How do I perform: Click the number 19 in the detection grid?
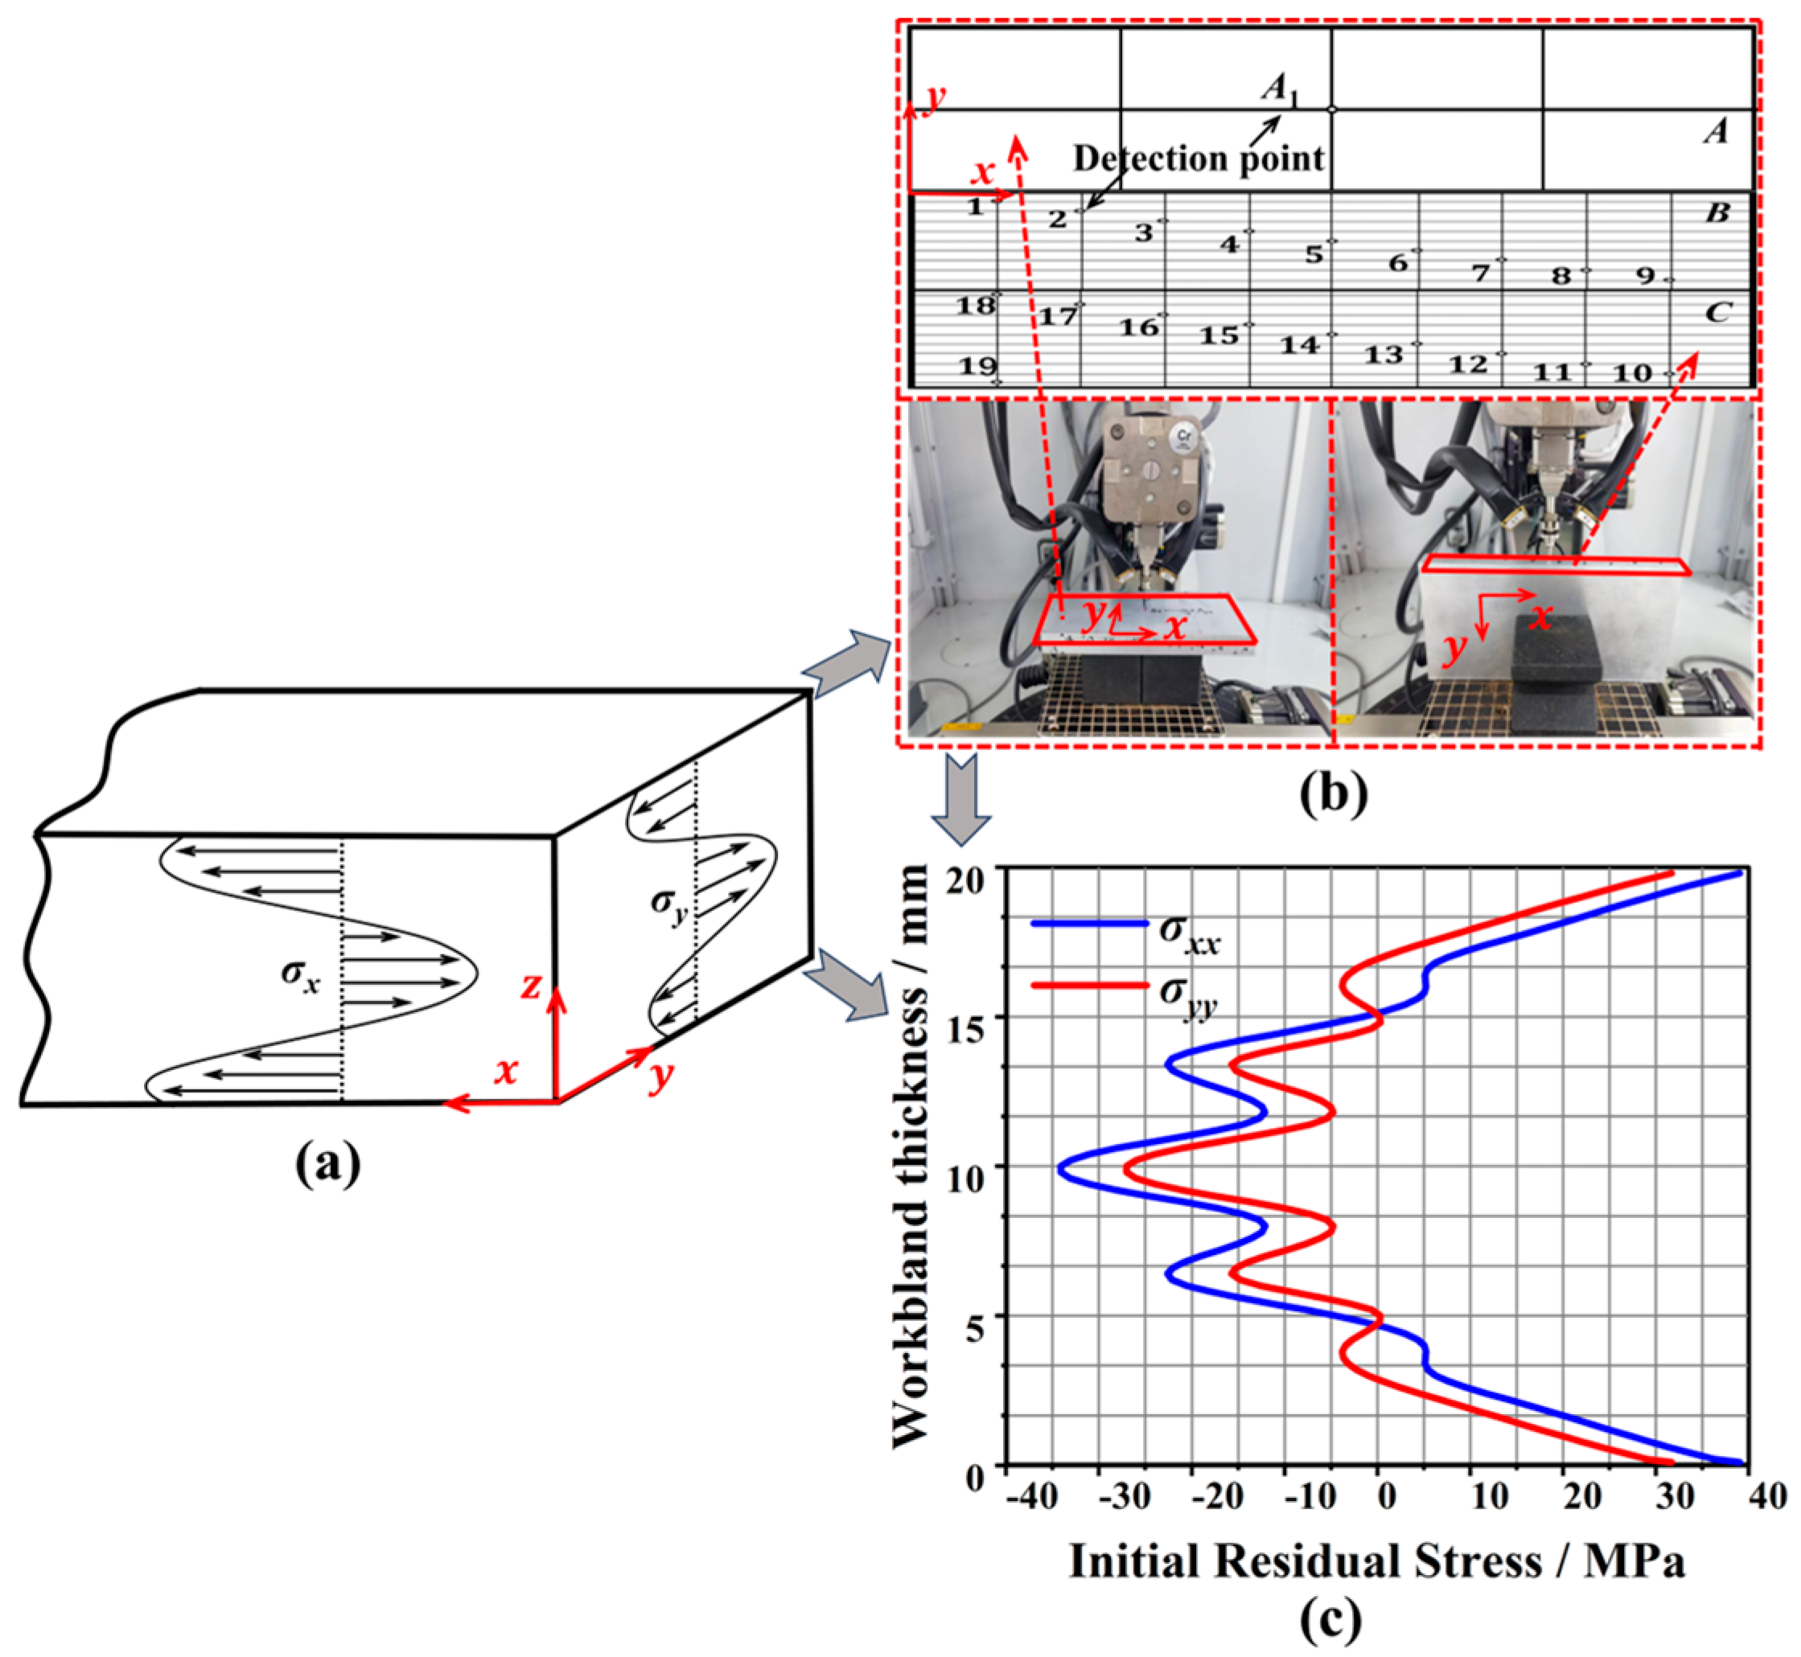pyautogui.click(x=977, y=366)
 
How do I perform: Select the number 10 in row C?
pyautogui.click(x=1632, y=372)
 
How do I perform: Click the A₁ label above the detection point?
pyautogui.click(x=1279, y=90)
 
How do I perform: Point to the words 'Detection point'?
pyautogui.click(x=1199, y=158)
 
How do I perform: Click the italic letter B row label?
pyautogui.click(x=1717, y=213)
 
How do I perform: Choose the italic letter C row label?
pyautogui.click(x=1717, y=312)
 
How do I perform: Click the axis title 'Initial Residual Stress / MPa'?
pyautogui.click(x=1377, y=1561)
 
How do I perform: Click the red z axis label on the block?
pyautogui.click(x=531, y=986)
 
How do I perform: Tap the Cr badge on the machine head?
pyautogui.click(x=1185, y=437)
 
